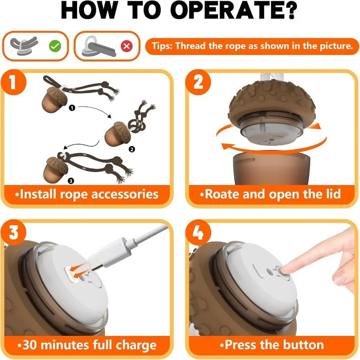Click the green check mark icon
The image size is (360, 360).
55,46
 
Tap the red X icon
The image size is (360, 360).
127,46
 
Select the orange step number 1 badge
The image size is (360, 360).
13,82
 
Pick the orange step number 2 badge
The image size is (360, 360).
198,82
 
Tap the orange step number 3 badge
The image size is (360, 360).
13,232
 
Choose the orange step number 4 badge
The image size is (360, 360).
198,232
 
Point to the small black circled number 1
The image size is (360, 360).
72,108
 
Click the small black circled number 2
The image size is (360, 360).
131,149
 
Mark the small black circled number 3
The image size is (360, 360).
71,181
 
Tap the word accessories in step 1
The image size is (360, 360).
125,194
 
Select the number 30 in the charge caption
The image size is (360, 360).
30,345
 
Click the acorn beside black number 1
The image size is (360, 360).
54,99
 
